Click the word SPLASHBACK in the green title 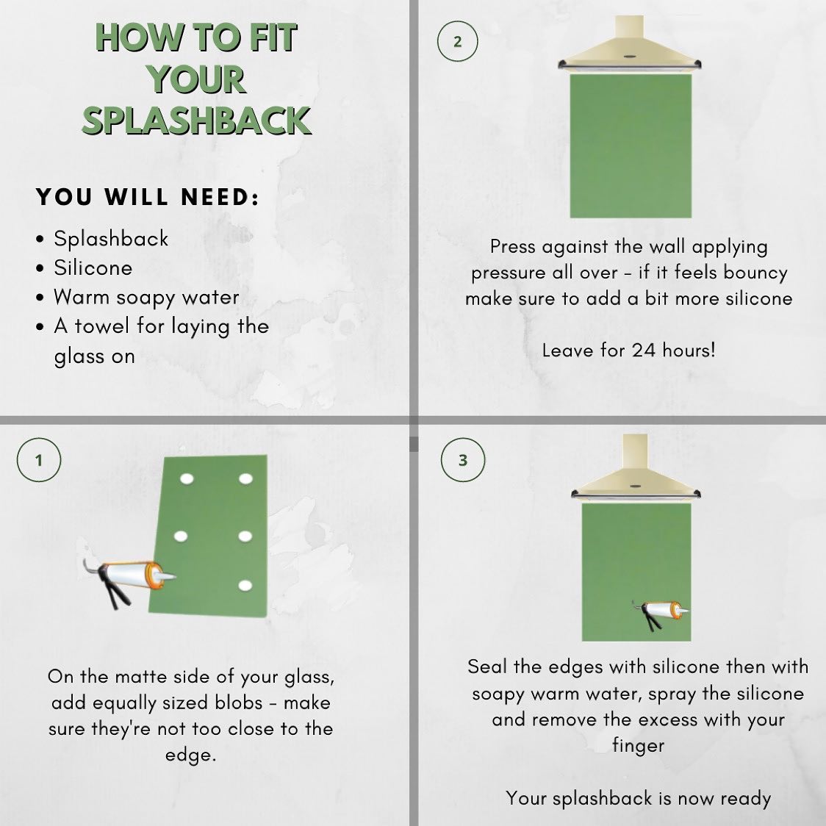point(196,121)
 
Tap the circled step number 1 point(38,460)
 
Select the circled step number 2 point(457,41)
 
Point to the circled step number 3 point(462,460)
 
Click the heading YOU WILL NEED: point(148,197)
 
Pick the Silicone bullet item point(93,267)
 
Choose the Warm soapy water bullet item point(146,298)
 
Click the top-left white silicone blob point(187,479)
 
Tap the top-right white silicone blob point(245,479)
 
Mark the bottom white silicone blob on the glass point(245,585)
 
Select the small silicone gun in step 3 point(661,613)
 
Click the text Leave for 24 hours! point(629,351)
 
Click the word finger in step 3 point(638,746)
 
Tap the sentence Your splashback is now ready point(639,799)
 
